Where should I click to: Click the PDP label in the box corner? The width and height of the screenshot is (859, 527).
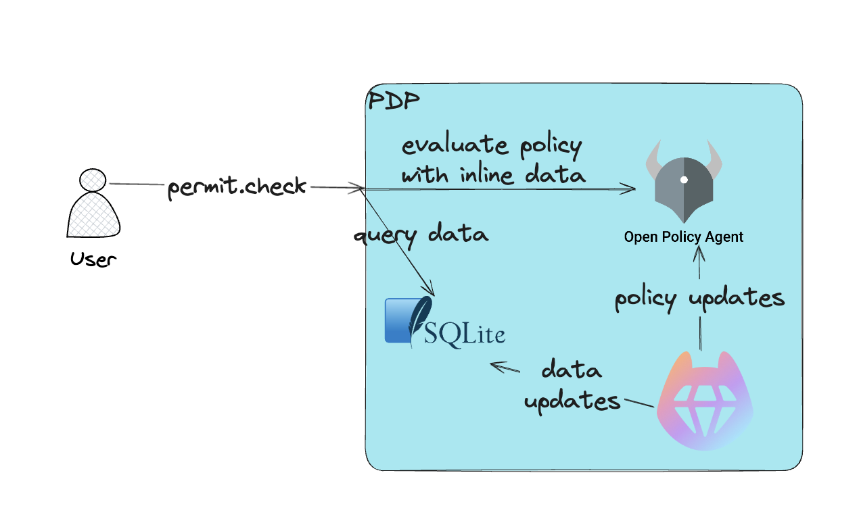tap(393, 101)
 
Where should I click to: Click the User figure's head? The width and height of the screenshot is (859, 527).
tap(93, 180)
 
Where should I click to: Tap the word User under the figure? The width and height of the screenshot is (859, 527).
tap(93, 259)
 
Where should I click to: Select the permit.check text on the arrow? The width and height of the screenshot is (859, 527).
tap(237, 186)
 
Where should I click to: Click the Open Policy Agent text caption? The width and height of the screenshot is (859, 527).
tap(683, 237)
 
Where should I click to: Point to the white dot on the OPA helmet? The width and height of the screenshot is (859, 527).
tap(684, 180)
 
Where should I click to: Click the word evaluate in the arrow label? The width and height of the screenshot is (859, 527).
tap(444, 145)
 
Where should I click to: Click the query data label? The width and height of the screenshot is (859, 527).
tap(420, 235)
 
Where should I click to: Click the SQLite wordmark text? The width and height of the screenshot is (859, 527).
tap(465, 334)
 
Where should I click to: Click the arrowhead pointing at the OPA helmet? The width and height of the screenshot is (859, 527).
tap(630, 189)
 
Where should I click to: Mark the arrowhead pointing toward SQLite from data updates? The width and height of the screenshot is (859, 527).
tap(496, 366)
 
